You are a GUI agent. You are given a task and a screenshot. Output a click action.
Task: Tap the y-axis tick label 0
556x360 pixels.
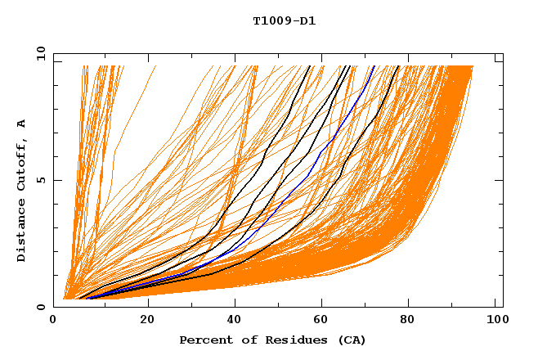(x=41, y=307)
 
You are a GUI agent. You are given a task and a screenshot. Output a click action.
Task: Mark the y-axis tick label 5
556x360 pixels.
(x=41, y=180)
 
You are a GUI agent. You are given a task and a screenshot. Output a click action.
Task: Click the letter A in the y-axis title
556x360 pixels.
(x=22, y=124)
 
